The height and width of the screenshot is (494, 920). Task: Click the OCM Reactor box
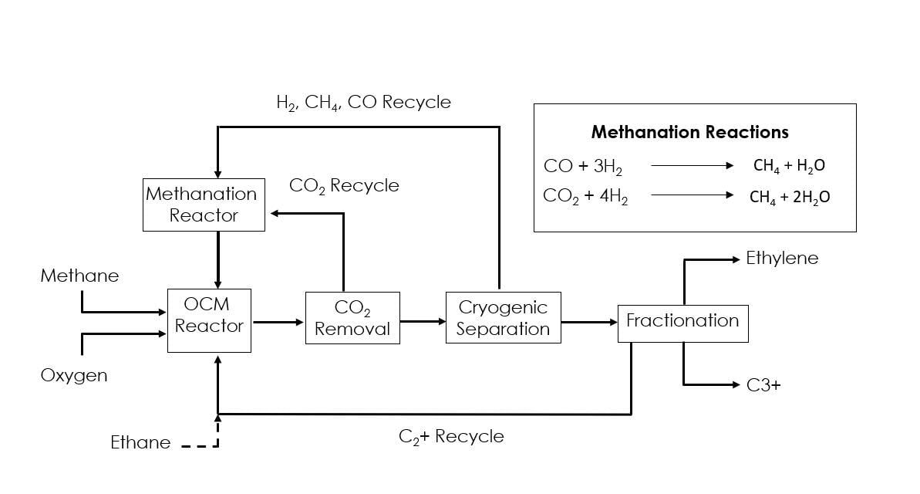point(209,320)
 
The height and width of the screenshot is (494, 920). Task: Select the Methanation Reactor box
point(204,205)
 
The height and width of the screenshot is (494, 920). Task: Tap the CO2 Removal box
point(352,318)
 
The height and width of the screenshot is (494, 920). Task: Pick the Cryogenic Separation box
point(503,317)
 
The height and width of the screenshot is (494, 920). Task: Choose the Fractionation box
point(682,321)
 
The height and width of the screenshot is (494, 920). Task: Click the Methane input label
point(79,276)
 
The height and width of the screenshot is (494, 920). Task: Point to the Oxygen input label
point(74,376)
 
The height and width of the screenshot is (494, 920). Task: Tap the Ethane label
point(140,442)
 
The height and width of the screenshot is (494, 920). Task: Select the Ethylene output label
point(782,259)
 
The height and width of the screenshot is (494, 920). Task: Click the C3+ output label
point(763,384)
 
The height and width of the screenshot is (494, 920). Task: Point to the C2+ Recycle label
point(451,436)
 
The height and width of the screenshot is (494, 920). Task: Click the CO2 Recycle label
point(344,186)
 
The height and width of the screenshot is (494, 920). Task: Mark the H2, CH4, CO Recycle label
point(363,103)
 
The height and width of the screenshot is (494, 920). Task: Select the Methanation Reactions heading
point(689,132)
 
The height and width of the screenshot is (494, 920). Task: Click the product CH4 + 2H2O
point(790,197)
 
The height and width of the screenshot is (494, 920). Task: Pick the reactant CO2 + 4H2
point(585,197)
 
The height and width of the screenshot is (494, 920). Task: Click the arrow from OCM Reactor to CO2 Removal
point(278,321)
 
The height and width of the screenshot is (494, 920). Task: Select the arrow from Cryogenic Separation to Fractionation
point(588,321)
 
